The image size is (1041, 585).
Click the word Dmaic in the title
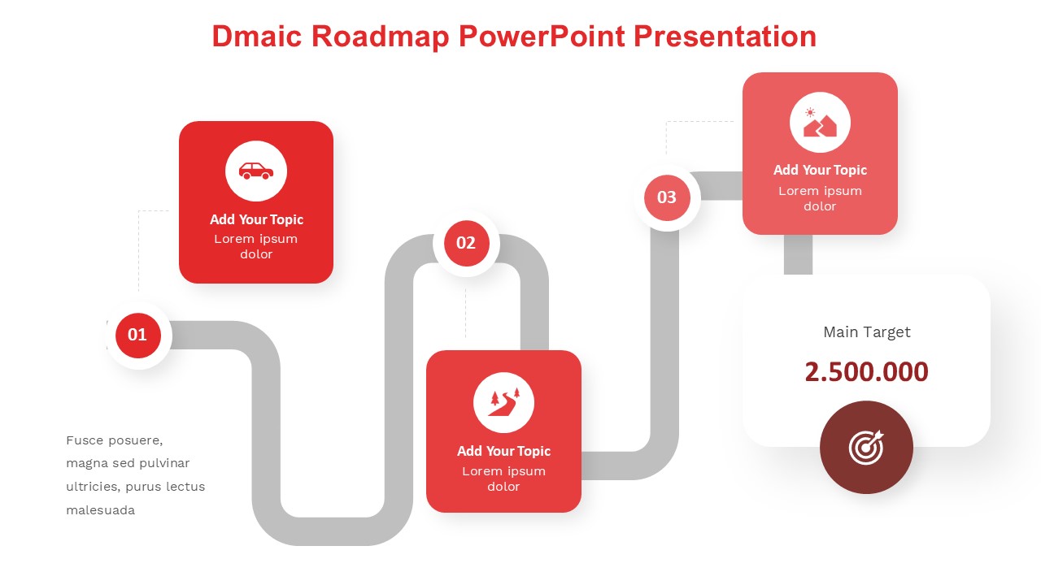click(x=257, y=37)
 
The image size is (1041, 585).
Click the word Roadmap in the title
click(x=380, y=37)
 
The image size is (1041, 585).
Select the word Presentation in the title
click(x=725, y=37)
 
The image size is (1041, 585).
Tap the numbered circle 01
click(x=138, y=336)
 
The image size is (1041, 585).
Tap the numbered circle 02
click(x=467, y=243)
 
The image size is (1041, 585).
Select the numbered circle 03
click(x=667, y=197)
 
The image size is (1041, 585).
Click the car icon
click(x=256, y=171)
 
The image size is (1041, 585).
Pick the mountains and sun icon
click(x=820, y=123)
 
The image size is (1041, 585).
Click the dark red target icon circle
click(x=866, y=447)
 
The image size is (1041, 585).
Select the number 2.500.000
click(x=867, y=372)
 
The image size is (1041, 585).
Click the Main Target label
click(x=867, y=332)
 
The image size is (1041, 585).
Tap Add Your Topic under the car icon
click(x=256, y=219)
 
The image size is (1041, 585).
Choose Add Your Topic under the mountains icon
click(x=821, y=171)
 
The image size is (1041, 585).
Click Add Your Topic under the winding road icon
click(x=503, y=451)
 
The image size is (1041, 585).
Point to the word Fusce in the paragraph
click(x=85, y=440)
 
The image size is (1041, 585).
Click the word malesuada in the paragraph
click(x=100, y=510)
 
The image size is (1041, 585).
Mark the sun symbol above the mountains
click(x=810, y=112)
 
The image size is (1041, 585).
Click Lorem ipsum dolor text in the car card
click(x=256, y=246)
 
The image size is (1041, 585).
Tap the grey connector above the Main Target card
click(x=798, y=254)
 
